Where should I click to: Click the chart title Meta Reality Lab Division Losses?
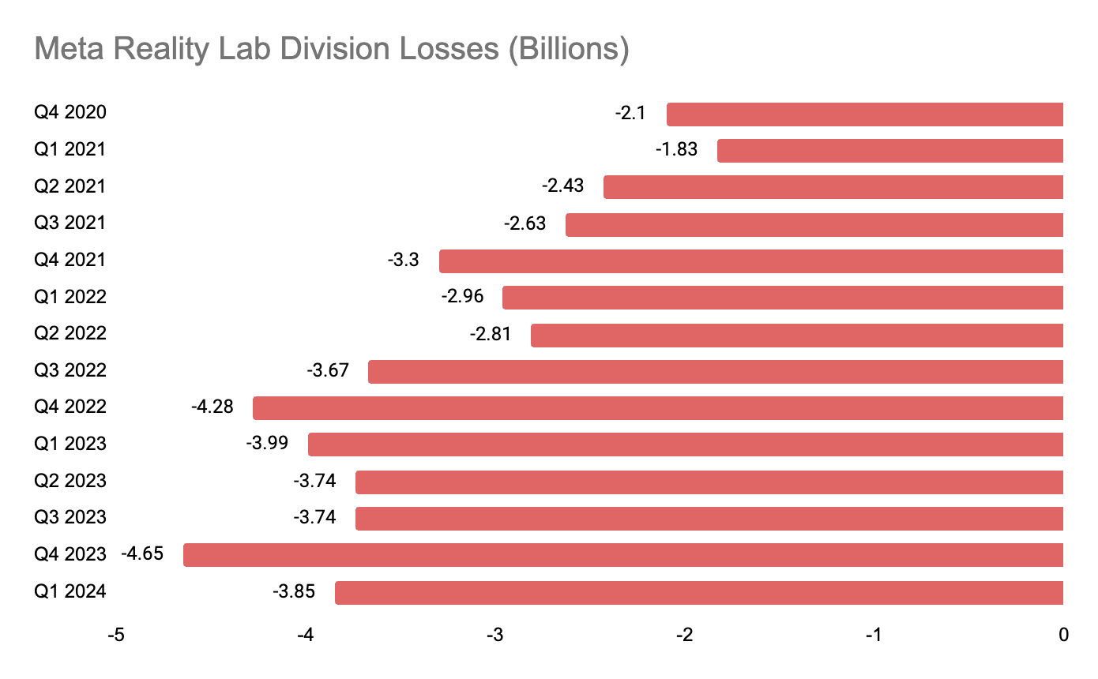(x=332, y=49)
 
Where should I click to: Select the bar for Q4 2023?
(x=623, y=554)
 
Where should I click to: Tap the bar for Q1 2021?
(x=890, y=150)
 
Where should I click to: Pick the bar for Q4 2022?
(x=658, y=408)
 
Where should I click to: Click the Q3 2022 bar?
(x=716, y=371)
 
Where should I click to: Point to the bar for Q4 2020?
(x=865, y=114)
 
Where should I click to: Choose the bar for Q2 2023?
(x=709, y=482)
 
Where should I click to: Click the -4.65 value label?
(x=142, y=553)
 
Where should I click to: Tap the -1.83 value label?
(x=677, y=149)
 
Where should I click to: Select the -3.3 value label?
(x=404, y=260)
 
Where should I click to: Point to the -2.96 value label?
(x=462, y=297)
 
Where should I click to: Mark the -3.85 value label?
(x=294, y=591)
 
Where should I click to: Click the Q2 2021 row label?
(x=70, y=186)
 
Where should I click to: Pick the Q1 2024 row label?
(x=70, y=591)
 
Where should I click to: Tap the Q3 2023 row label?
(x=70, y=518)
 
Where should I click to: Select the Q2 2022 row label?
(x=70, y=333)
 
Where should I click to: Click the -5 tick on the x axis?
(x=115, y=635)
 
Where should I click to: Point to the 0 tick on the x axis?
(x=1063, y=635)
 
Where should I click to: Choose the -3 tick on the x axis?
(x=494, y=635)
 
